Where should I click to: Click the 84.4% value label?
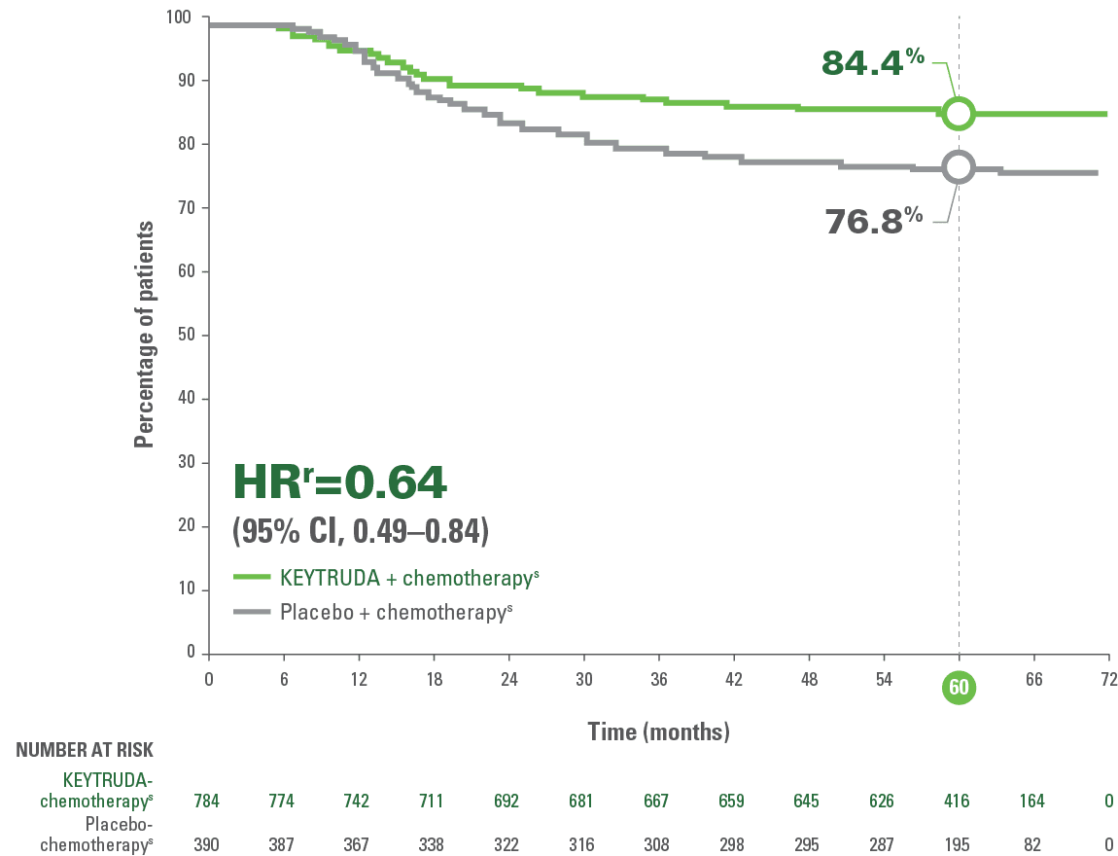[x=872, y=61]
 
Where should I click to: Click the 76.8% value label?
[x=874, y=221]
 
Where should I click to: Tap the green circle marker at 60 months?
[x=958, y=114]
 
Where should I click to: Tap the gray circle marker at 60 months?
[x=958, y=167]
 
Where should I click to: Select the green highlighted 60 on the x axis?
[x=959, y=688]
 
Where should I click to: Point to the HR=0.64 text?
[x=339, y=482]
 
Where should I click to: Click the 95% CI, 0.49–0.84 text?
[x=360, y=532]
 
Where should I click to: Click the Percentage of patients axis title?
[x=144, y=334]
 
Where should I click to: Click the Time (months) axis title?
[x=658, y=731]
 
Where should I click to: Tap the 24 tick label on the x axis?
[x=508, y=679]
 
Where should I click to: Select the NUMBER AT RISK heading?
[x=85, y=750]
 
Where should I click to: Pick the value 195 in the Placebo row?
[x=959, y=844]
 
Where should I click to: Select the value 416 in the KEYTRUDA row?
[x=959, y=802]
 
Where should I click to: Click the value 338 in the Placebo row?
[x=432, y=844]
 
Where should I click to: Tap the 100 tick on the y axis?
[x=180, y=18]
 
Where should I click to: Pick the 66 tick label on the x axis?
[x=1033, y=679]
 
